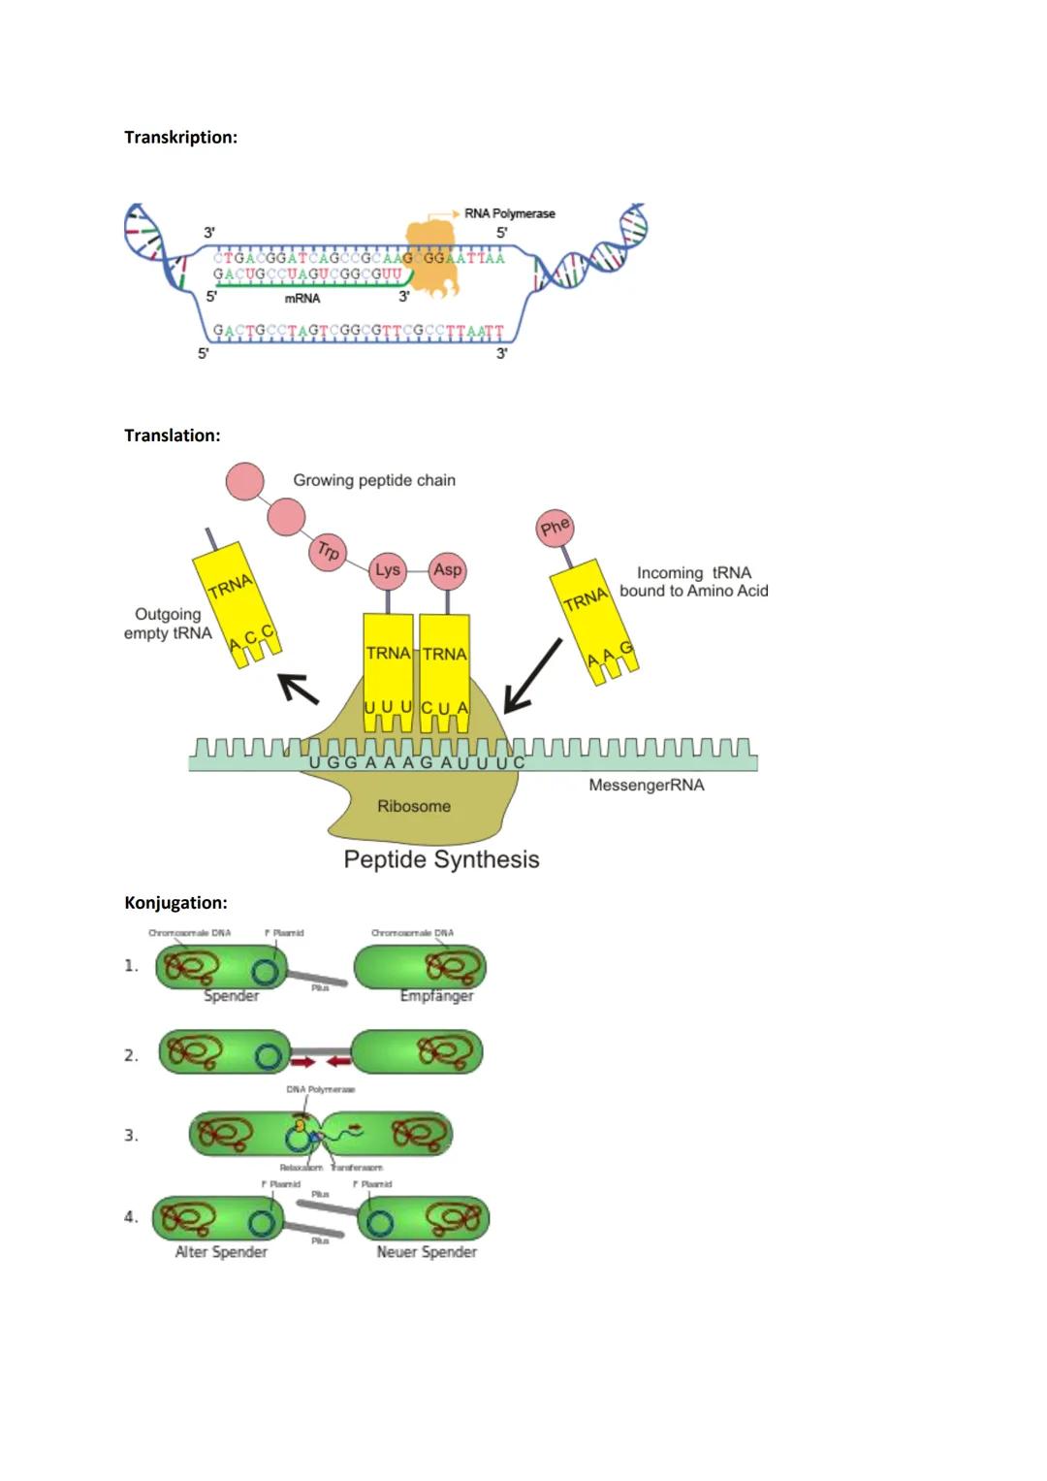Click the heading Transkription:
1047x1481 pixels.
point(180,138)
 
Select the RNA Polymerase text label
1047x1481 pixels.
point(509,213)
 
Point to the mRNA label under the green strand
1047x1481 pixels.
point(301,299)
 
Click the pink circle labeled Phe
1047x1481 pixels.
point(555,528)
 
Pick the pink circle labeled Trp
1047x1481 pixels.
point(329,552)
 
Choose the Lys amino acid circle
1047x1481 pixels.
point(388,570)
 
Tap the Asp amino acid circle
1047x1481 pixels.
point(448,570)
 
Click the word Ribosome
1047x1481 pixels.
point(414,806)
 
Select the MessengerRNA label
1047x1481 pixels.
point(646,785)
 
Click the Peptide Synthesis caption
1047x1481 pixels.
point(441,859)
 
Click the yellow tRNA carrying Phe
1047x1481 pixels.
point(594,621)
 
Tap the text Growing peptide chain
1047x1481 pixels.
point(374,480)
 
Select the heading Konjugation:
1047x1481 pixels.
point(175,903)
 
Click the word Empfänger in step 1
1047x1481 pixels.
point(436,996)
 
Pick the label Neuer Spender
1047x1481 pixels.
point(427,1252)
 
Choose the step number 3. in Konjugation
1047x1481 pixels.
point(131,1135)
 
